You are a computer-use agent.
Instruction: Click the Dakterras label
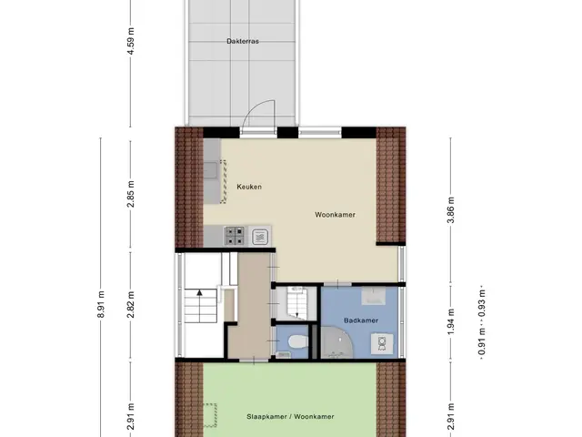point(243,41)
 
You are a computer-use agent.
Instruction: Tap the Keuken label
point(249,187)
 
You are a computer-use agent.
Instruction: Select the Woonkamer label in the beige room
point(335,215)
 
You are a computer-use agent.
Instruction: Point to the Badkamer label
point(361,320)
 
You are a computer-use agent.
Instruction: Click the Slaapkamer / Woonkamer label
point(290,417)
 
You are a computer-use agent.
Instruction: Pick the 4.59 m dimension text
point(131,41)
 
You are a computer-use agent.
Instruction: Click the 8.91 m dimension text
point(101,304)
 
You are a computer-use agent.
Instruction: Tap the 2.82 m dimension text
point(131,305)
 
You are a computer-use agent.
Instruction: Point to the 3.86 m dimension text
point(450,210)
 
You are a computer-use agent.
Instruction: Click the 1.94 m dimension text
point(450,321)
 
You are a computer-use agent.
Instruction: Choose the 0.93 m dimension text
point(481,303)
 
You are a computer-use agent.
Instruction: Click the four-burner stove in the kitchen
point(235,237)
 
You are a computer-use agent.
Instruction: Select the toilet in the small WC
point(297,341)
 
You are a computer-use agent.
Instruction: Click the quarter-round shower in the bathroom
point(337,342)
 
